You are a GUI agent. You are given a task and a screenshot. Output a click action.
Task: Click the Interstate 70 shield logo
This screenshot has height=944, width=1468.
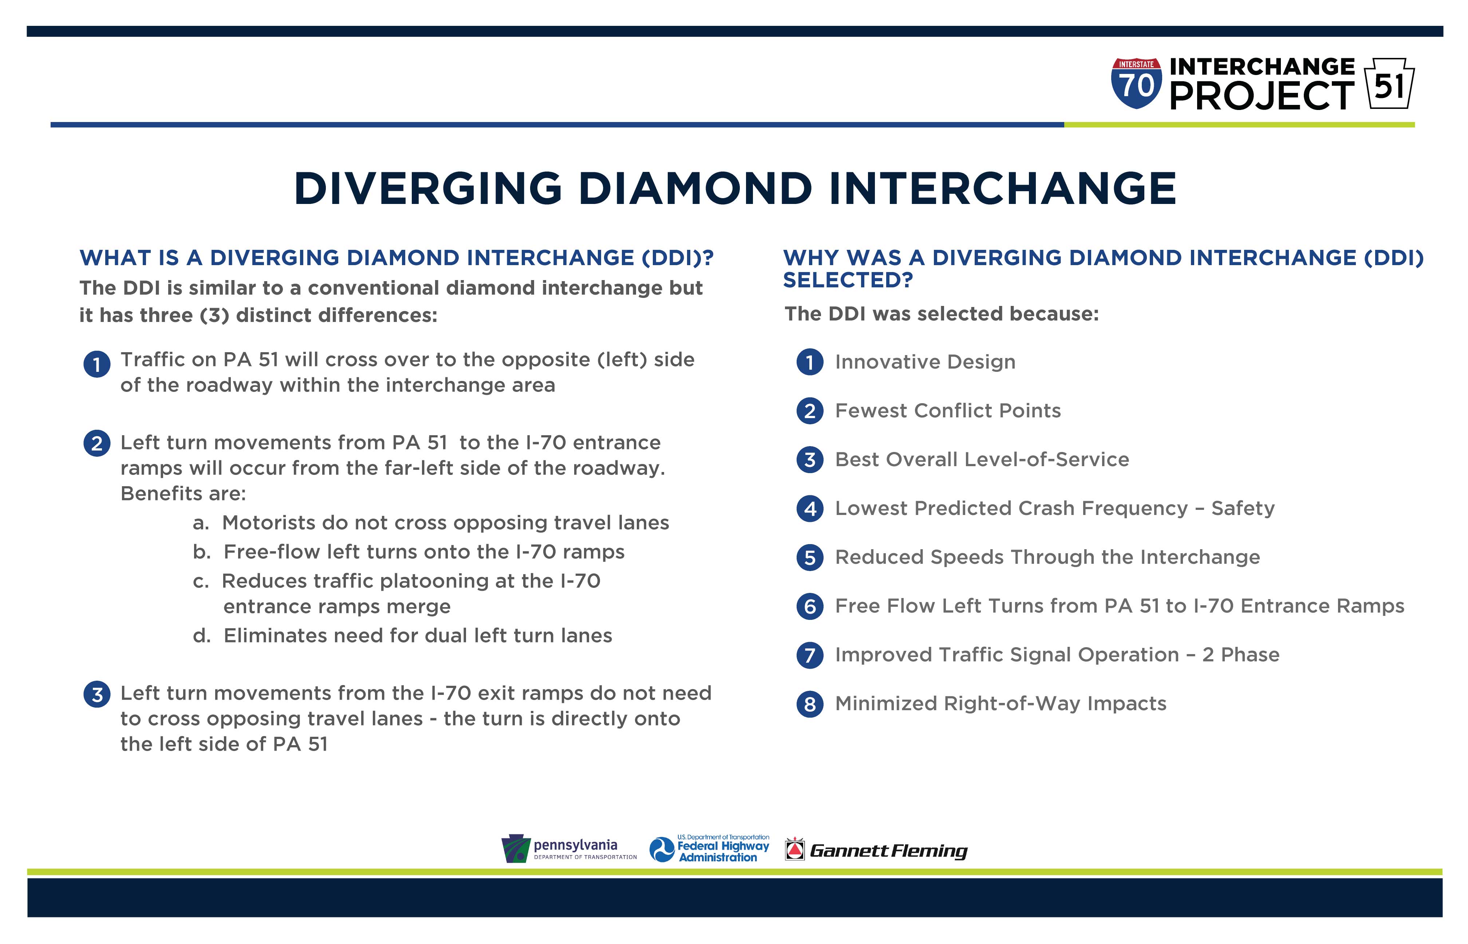[x=1136, y=83]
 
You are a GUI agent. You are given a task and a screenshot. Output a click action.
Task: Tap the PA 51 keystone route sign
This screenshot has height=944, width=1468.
[x=1389, y=83]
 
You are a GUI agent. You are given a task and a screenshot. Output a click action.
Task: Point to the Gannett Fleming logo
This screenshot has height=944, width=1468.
[x=876, y=850]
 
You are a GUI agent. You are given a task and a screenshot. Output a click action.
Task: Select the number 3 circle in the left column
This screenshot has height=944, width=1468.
[x=97, y=695]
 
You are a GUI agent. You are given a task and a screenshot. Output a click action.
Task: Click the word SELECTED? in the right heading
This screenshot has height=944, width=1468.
[x=848, y=280]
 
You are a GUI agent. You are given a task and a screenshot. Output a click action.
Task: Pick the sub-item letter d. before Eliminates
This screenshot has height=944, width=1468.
[x=202, y=636]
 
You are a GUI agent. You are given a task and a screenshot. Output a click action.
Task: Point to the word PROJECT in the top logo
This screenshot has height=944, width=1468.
[x=1262, y=96]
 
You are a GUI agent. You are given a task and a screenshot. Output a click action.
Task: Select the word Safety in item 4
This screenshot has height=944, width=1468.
[x=1243, y=509]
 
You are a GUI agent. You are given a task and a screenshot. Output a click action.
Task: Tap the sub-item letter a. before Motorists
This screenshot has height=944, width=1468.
[x=201, y=523]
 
